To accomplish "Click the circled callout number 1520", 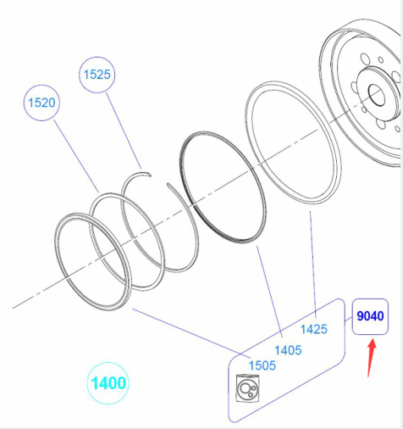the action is click(x=41, y=103).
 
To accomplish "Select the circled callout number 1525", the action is click(x=97, y=75).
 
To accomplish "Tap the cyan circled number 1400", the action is click(x=108, y=383).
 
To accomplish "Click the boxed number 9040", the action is click(x=370, y=316).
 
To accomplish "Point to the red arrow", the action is click(x=372, y=358).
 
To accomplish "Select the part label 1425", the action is click(x=314, y=330).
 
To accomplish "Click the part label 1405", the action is click(x=288, y=350).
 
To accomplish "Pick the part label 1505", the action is click(x=262, y=365).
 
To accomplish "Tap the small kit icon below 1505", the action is click(x=247, y=388).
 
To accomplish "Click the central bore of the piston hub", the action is click(x=377, y=95).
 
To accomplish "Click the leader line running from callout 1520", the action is click(x=76, y=156).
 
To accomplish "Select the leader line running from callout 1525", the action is click(x=124, y=131).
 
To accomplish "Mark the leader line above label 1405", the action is click(x=269, y=292).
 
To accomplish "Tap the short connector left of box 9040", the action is click(x=349, y=320).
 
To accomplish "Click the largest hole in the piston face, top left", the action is click(x=365, y=59).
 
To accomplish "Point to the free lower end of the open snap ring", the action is click(x=168, y=184).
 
